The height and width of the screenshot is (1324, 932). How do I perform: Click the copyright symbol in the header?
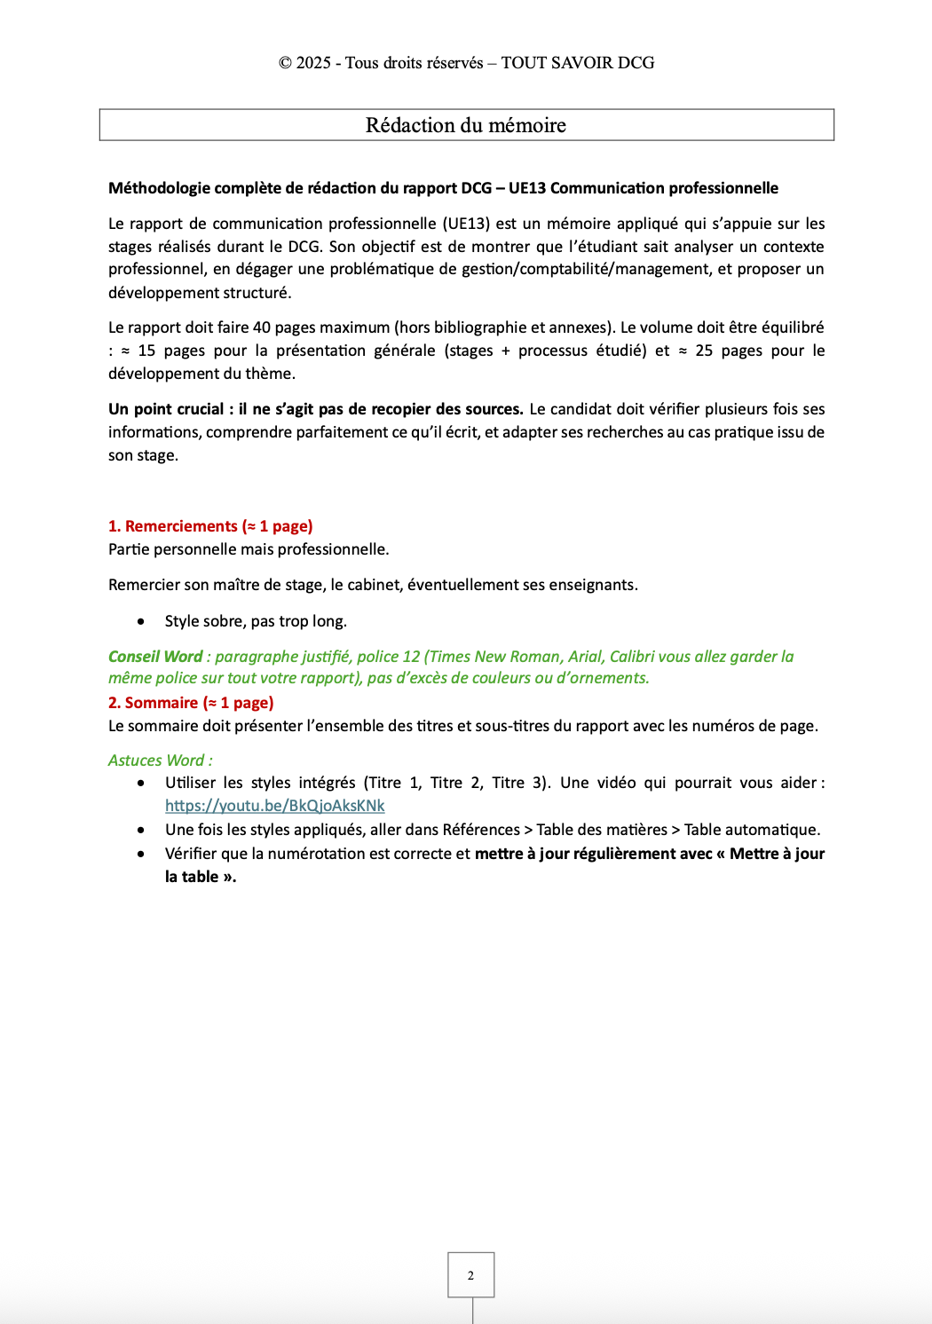285,63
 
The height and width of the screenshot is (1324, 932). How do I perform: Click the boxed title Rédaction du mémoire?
466,125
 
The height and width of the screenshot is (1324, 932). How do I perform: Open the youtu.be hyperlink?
275,806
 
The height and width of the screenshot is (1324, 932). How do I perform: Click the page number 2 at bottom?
470,1275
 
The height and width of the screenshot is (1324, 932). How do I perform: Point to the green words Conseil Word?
155,657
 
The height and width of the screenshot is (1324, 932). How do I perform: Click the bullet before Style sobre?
141,621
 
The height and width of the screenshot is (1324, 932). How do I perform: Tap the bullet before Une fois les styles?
141,830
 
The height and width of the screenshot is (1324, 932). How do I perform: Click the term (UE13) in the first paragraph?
466,224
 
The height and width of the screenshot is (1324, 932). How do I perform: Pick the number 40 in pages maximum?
262,327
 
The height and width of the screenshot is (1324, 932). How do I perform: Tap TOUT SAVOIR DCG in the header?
578,63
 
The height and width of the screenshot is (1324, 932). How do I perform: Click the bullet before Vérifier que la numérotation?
141,854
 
